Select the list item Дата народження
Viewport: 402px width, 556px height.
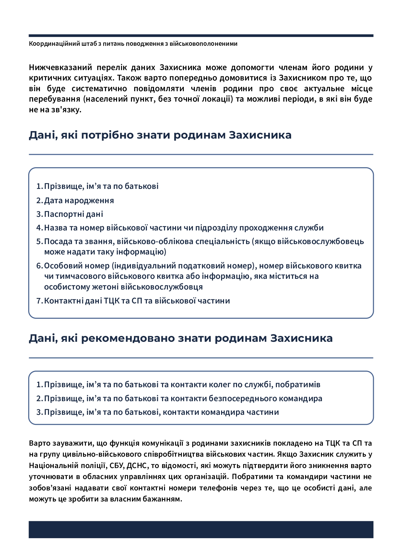(79, 201)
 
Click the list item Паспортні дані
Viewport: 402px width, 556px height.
(74, 214)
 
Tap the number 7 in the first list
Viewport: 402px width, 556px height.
(39, 301)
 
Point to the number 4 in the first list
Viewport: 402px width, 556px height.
(39, 228)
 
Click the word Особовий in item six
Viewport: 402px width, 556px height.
(61, 266)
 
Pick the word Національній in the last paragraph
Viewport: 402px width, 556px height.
(53, 465)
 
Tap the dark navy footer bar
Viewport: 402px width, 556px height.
(201, 529)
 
